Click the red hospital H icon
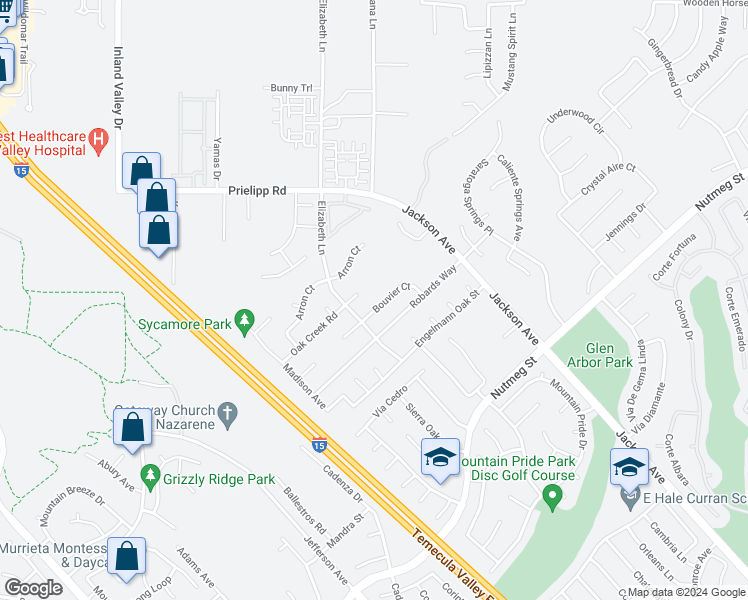click(x=98, y=140)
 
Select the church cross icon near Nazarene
click(x=227, y=413)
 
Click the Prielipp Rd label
click(x=257, y=189)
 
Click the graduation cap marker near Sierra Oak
click(x=440, y=457)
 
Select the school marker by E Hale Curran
click(x=629, y=468)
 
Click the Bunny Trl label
click(x=292, y=88)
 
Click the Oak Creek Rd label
click(x=314, y=333)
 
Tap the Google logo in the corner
click(x=33, y=588)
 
